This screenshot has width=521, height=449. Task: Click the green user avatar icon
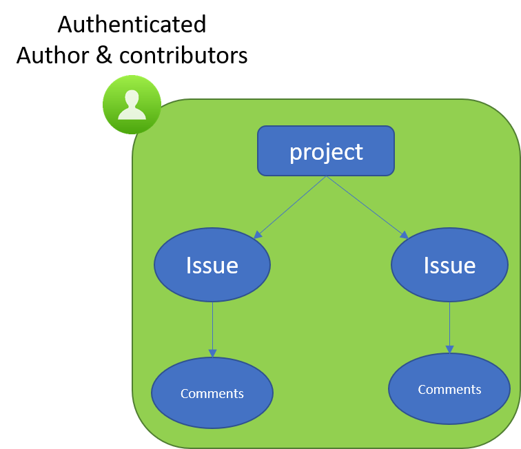132,105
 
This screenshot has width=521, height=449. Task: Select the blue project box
326,151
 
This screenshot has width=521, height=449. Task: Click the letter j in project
321,152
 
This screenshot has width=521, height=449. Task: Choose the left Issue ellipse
212,265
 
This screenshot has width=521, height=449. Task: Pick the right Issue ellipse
449,265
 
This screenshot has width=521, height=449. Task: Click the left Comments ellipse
212,393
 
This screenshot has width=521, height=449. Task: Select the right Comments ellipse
449,389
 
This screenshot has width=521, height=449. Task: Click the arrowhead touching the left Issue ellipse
258,235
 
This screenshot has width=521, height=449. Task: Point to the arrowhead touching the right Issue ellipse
404,235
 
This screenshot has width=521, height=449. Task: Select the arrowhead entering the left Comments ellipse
212,353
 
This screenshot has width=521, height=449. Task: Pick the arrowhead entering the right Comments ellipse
449,349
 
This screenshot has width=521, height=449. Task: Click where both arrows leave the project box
326,176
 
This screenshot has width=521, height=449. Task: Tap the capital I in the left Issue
189,265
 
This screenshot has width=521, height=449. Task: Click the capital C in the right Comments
422,389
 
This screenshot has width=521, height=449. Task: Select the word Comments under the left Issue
212,393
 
